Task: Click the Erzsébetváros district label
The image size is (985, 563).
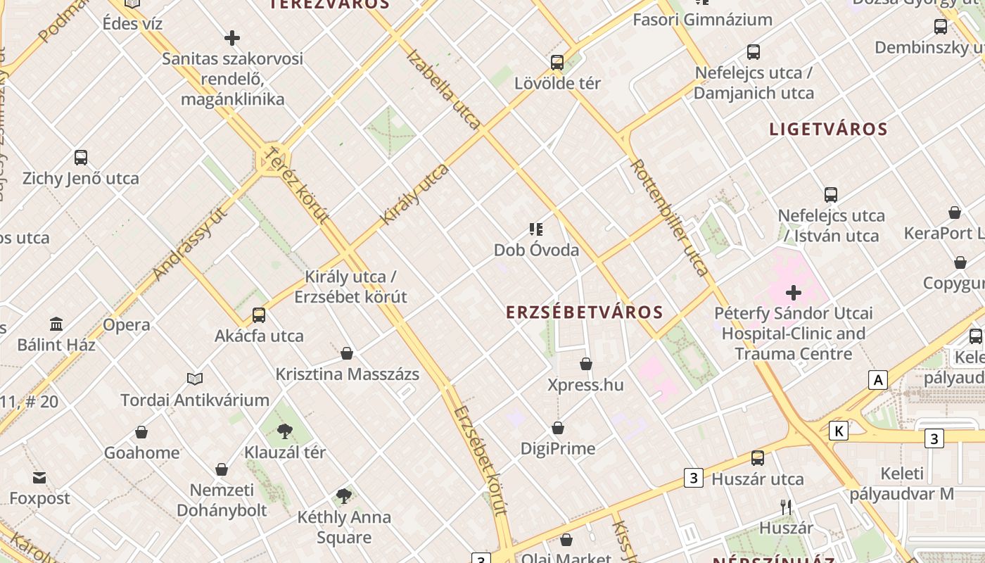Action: coord(584,312)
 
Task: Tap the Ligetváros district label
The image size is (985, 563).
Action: coord(828,129)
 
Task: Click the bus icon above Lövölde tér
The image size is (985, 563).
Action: coord(557,63)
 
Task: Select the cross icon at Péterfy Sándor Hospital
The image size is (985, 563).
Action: coord(794,293)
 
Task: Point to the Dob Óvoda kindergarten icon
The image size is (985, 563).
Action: coord(536,229)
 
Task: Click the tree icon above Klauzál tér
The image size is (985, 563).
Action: coord(284,431)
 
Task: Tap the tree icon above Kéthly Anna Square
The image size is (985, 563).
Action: coord(343,496)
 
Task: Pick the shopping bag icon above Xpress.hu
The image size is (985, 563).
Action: coord(586,364)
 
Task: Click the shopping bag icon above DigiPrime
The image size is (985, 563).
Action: coord(558,428)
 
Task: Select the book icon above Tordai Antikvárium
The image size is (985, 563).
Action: coord(195,379)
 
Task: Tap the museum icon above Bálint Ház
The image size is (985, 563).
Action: coord(56,324)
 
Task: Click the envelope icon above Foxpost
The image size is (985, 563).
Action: coord(39,478)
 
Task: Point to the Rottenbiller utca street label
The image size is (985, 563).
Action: coord(669,217)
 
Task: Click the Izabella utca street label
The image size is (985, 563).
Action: coord(443,89)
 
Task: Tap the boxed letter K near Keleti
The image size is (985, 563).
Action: coord(838,431)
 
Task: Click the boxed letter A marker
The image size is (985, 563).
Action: coord(877,381)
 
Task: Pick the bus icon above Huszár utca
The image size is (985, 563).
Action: coord(757,458)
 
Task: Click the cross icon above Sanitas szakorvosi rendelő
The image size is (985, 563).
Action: coord(232,38)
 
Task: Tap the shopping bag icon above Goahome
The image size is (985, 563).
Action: coord(141,432)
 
